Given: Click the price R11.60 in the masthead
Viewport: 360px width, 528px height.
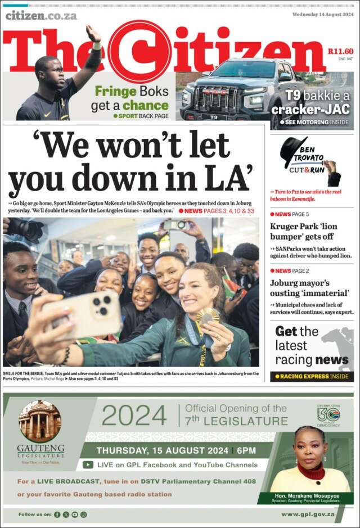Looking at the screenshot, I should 341,51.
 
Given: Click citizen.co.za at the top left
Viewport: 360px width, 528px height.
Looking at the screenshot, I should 40,16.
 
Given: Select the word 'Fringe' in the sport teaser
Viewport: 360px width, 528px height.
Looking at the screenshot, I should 115,92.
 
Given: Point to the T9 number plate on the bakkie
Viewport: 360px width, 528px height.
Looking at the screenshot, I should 214,117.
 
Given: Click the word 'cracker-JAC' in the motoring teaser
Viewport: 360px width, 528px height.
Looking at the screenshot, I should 310,109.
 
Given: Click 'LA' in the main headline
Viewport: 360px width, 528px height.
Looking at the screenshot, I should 231,179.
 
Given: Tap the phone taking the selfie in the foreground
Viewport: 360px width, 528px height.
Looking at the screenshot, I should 90,314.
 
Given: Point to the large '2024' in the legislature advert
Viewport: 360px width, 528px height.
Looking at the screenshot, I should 134,416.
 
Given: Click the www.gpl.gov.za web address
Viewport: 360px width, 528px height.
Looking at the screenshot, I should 308,514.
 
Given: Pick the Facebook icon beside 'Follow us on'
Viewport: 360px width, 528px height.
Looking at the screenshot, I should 57,515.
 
